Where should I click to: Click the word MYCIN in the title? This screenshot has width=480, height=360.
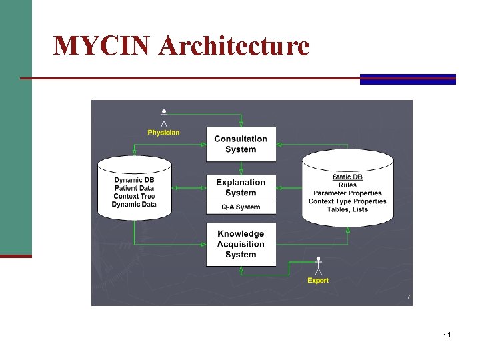(x=103, y=46)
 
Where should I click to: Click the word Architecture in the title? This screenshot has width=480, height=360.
(x=235, y=46)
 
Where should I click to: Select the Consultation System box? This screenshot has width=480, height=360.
(x=241, y=144)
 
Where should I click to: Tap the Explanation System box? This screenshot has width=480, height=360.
(x=241, y=187)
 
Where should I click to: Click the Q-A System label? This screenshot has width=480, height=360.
(x=241, y=207)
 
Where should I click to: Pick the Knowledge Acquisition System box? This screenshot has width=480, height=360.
(x=241, y=244)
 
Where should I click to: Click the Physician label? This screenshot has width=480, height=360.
(x=163, y=132)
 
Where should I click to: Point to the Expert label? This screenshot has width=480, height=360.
(x=318, y=281)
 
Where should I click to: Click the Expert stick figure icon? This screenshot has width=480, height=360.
(x=319, y=265)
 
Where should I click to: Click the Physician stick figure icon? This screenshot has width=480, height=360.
(x=164, y=117)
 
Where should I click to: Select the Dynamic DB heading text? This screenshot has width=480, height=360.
(x=134, y=180)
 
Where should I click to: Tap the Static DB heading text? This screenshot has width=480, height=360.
(x=347, y=177)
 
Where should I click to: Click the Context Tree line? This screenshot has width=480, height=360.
(x=134, y=196)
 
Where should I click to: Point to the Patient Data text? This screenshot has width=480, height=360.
(x=134, y=188)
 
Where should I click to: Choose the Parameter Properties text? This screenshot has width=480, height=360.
(x=347, y=193)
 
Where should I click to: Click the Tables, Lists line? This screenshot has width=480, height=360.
(x=347, y=209)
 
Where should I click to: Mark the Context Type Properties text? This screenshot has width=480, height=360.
(x=347, y=201)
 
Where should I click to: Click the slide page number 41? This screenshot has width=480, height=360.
(x=447, y=334)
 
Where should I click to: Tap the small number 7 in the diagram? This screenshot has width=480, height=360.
(x=408, y=296)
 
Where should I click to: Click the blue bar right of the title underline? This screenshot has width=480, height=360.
(x=407, y=79)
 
